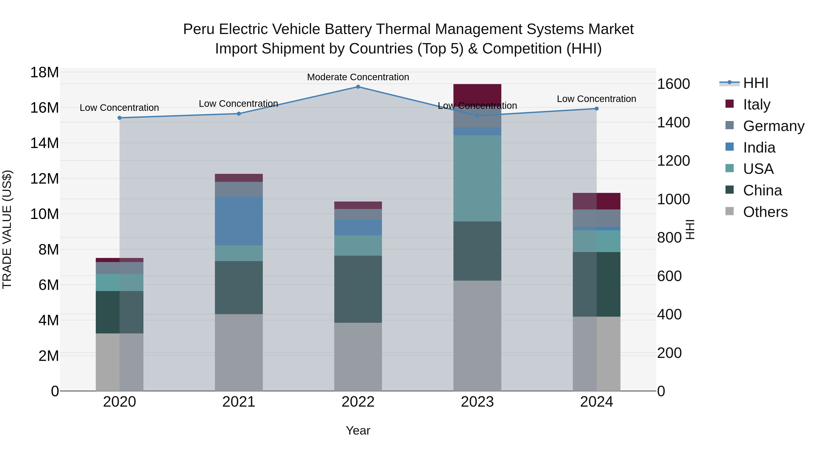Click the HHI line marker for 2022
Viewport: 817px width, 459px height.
coord(358,87)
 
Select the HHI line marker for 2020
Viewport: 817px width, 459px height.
coord(120,118)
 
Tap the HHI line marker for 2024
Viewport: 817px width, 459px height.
coord(597,109)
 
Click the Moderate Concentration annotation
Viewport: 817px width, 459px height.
coord(358,77)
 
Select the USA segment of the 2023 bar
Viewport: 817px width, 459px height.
coord(477,178)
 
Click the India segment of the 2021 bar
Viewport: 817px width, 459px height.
coord(239,221)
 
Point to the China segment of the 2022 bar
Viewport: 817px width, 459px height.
coord(358,289)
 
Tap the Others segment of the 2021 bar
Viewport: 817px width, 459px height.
coord(239,352)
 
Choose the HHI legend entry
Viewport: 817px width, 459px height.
coord(756,83)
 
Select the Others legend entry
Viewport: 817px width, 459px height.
coord(765,212)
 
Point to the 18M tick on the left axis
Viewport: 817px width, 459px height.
coord(44,73)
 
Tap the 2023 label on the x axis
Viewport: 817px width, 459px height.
coord(477,402)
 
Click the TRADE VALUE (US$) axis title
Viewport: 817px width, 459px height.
coord(7,229)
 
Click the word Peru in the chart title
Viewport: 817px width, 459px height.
coord(199,29)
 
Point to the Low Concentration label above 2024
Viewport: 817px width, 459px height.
coord(597,99)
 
